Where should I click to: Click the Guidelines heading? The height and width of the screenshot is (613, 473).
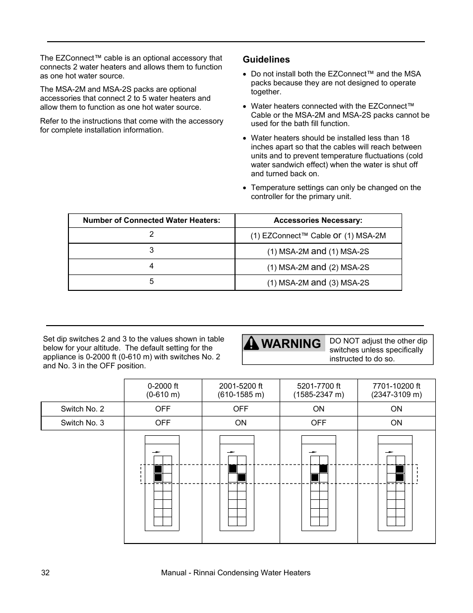(x=266, y=60)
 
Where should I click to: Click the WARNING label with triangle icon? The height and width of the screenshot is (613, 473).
(x=284, y=343)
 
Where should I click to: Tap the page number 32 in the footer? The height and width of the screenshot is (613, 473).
(x=45, y=573)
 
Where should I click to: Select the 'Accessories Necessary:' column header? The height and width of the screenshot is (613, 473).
(x=318, y=220)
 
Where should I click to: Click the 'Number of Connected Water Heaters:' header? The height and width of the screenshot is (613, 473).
(x=151, y=220)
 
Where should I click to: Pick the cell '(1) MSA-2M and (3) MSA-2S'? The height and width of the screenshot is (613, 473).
(x=318, y=282)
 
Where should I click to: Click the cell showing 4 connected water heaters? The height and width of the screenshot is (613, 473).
(x=151, y=267)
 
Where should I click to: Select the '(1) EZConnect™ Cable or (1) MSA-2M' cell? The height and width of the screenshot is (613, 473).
(x=318, y=236)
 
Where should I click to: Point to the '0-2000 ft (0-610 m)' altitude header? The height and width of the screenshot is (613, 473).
(x=163, y=390)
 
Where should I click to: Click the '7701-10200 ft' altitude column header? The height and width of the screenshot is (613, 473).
(x=396, y=390)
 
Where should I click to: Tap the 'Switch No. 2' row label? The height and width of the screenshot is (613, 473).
(x=82, y=409)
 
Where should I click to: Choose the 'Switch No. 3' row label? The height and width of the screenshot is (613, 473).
(x=82, y=423)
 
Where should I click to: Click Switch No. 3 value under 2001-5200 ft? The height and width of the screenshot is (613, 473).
(x=240, y=423)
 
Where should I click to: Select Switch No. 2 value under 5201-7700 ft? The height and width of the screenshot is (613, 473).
(x=318, y=409)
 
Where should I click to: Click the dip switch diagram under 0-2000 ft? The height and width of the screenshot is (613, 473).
(x=162, y=484)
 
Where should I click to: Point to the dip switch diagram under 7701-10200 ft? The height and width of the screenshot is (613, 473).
(x=395, y=484)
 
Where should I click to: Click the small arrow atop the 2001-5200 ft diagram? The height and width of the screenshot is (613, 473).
(x=231, y=452)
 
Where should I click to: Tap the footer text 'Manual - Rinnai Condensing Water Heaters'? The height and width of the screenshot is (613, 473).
(x=236, y=573)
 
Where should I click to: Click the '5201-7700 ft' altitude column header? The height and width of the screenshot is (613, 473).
(x=318, y=390)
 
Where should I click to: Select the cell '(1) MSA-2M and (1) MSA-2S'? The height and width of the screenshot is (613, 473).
(x=318, y=251)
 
